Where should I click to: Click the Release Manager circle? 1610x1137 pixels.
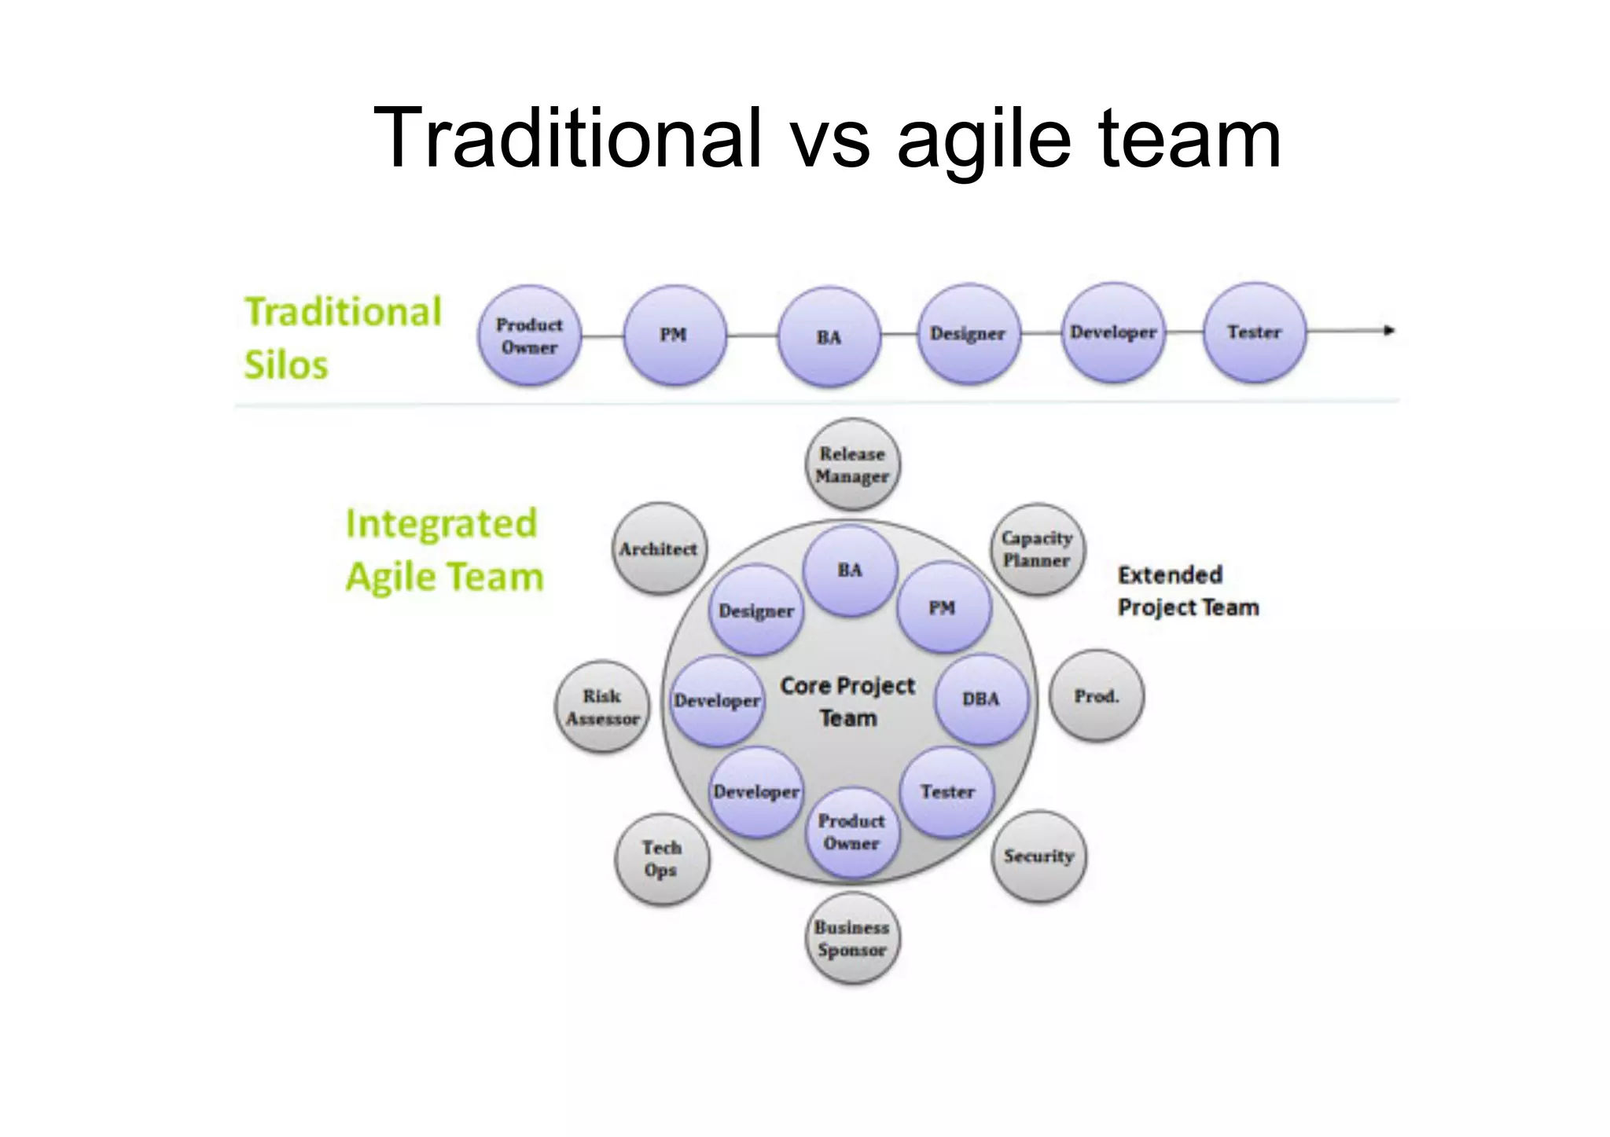coord(853,464)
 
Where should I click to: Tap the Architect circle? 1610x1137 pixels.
coord(659,548)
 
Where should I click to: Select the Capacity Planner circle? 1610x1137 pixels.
coord(1037,548)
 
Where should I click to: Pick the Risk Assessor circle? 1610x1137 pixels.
coord(603,706)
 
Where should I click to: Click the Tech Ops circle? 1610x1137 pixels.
coord(662,859)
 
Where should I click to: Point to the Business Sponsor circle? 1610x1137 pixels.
coord(852,938)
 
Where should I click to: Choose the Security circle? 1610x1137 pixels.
coord(1038,856)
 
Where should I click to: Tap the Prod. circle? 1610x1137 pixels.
coord(1097,696)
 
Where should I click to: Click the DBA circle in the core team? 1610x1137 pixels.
coord(981,699)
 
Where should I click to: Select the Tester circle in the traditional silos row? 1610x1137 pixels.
coord(1255,332)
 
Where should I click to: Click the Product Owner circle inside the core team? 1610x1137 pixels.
coord(852,832)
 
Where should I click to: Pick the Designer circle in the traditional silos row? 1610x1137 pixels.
coord(968,334)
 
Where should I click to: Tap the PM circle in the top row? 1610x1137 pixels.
coord(674,335)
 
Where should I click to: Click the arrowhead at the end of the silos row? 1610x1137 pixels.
coord(1389,331)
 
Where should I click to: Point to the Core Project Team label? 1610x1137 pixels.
coord(847,702)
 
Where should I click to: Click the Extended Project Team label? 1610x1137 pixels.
coord(1188,591)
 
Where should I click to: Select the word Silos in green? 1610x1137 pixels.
coord(286,365)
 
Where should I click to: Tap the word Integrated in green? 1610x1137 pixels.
coord(441,523)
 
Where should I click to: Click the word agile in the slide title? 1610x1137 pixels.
coord(983,139)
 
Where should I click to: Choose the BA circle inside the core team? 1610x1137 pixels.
coord(850,570)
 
